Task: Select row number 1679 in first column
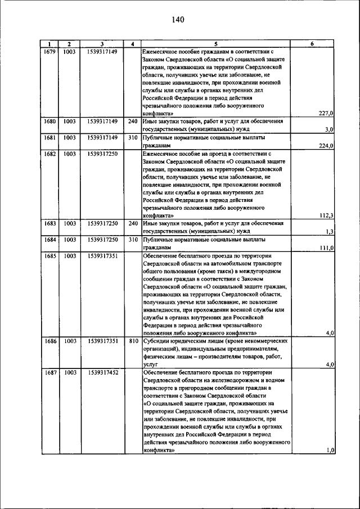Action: (50, 51)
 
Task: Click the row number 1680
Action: (50, 121)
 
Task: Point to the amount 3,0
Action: (330, 129)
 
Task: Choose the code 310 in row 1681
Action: (132, 137)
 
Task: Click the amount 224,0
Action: (326, 146)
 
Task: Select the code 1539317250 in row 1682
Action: (102, 154)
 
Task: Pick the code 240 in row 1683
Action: (132, 223)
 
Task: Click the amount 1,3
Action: (330, 232)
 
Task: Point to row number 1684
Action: (50, 240)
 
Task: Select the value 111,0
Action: (326, 248)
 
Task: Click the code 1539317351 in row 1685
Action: (102, 256)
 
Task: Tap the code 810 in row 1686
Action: (132, 341)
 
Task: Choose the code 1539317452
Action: (102, 372)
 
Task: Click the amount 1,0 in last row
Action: (330, 451)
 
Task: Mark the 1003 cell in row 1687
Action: (69, 372)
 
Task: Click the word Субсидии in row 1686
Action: (158, 341)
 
